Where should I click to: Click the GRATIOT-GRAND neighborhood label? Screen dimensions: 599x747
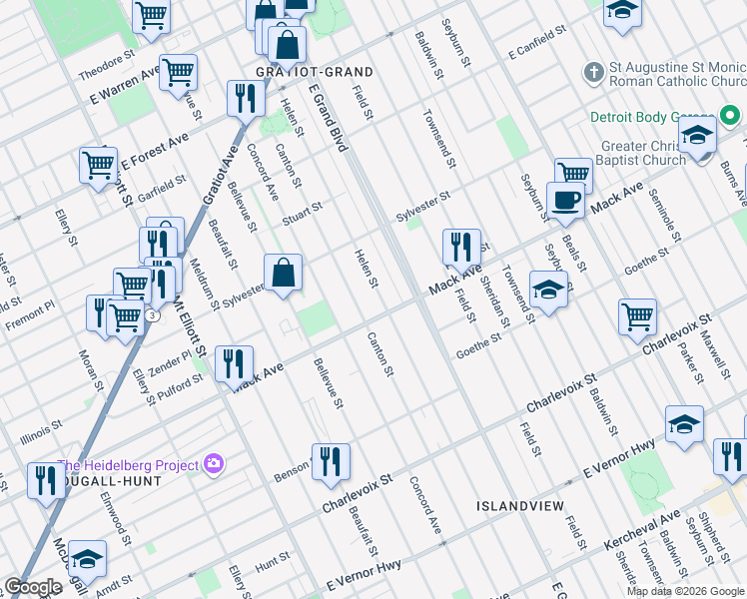[300, 73]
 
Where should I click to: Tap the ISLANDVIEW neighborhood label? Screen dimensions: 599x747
[518, 506]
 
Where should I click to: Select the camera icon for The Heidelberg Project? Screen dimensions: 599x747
[213, 463]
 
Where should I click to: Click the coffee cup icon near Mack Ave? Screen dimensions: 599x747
[566, 199]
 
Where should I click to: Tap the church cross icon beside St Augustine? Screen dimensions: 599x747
[593, 72]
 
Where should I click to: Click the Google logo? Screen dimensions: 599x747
[33, 587]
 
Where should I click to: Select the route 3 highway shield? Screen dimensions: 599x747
[151, 315]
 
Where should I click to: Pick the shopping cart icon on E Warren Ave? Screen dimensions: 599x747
[178, 71]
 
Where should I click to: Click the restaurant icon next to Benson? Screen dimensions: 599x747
[331, 461]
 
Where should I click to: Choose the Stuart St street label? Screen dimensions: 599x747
[302, 213]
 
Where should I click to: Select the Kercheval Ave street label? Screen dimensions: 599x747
[641, 531]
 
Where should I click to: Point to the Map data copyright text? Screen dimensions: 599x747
[685, 591]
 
